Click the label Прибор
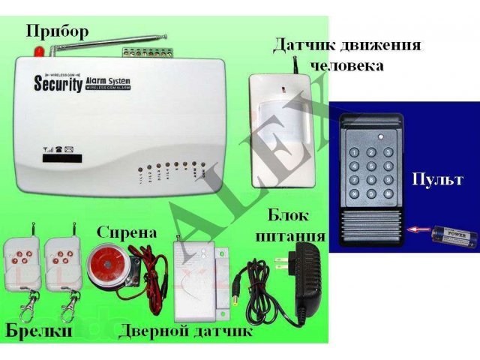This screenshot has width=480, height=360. (58, 31)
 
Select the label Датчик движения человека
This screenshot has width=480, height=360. (346, 54)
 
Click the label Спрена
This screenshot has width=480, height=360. (127, 232)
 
